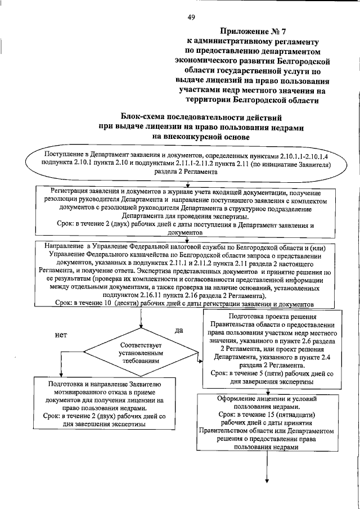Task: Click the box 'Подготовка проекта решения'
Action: [x=266, y=349]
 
